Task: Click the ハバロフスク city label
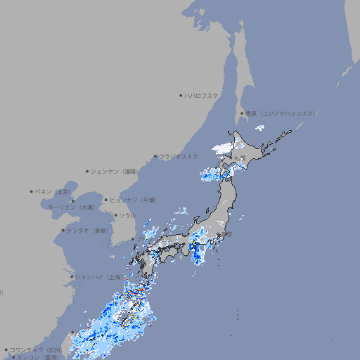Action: pyautogui.click(x=202, y=95)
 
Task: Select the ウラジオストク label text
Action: pyautogui.click(x=179, y=156)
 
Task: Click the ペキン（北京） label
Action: pyautogui.click(x=53, y=191)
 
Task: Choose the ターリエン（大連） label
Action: pyautogui.click(x=71, y=208)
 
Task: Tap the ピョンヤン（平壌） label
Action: pyautogui.click(x=133, y=200)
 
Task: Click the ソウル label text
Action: pyautogui.click(x=127, y=215)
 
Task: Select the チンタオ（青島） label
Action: pyautogui.click(x=88, y=230)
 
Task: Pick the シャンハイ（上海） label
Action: pyautogui.click(x=98, y=277)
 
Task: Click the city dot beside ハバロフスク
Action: pyautogui.click(x=181, y=95)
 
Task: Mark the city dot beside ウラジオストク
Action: pyautogui.click(x=155, y=156)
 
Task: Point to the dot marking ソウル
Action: pyautogui.click(x=115, y=215)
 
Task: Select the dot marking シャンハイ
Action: pyautogui.click(x=72, y=277)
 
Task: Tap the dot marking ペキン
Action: pyautogui.click(x=32, y=191)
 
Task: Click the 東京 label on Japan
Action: pyautogui.click(x=226, y=236)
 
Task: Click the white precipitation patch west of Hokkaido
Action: pyautogui.click(x=222, y=148)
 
